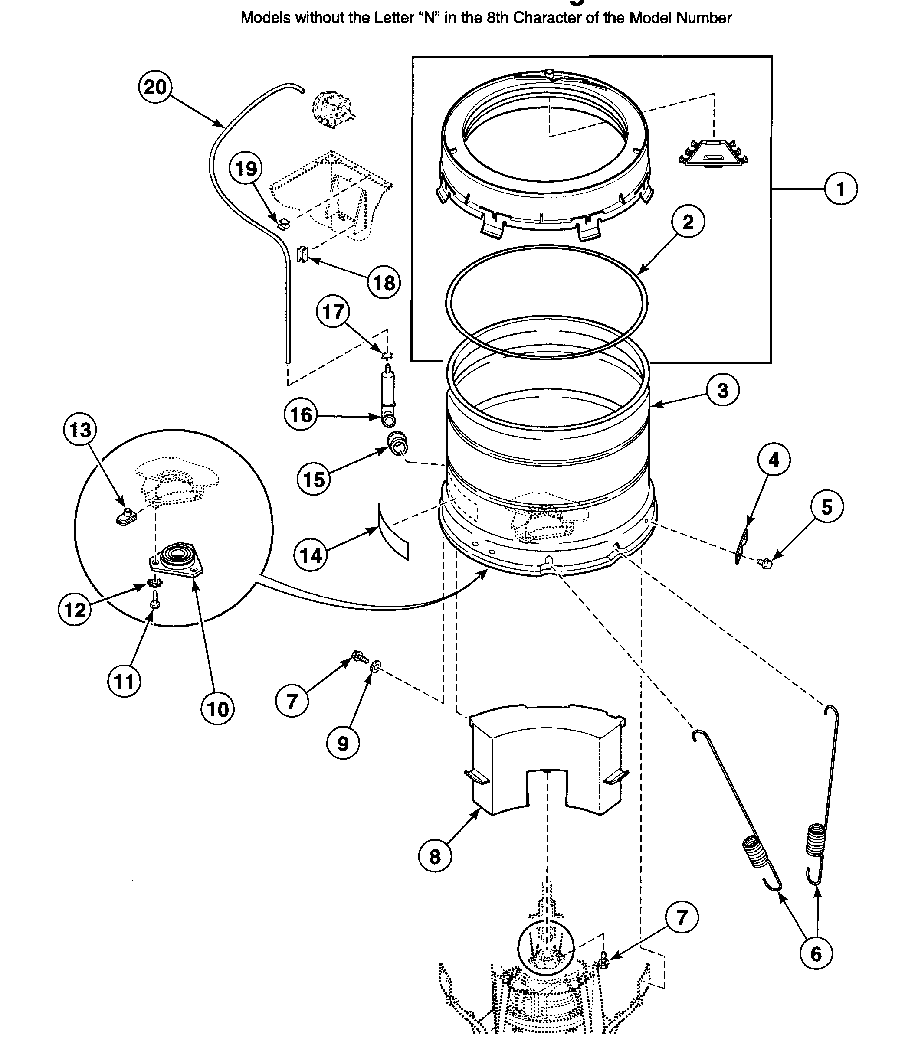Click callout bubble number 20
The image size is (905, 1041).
(155, 87)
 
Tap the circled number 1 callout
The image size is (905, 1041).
(840, 189)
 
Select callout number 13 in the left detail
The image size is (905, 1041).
(80, 430)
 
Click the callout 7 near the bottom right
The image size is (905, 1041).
(682, 917)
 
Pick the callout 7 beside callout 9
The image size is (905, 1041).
(292, 701)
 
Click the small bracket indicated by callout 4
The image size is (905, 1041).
(741, 546)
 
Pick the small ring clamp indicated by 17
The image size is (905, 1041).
(387, 356)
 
